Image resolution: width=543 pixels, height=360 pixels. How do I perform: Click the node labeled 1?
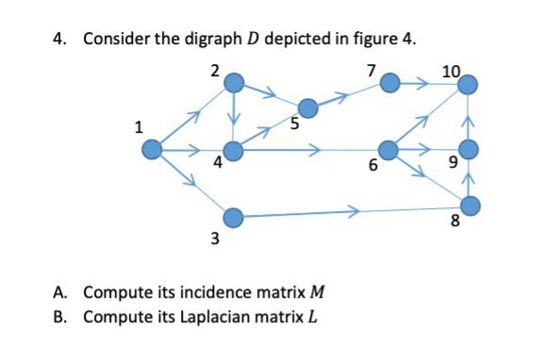coord(153,149)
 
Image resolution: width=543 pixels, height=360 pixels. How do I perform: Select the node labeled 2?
coord(235,83)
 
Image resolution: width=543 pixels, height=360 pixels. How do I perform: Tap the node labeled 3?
coord(235,219)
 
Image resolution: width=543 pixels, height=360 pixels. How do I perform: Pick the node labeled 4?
coord(235,150)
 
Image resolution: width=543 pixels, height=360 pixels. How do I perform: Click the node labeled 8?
coord(469,204)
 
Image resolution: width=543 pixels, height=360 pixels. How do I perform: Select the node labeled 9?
coord(469,149)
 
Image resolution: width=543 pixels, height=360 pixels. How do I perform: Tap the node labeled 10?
coord(469,85)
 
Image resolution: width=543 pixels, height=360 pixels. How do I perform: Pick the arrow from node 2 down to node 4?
coord(235,117)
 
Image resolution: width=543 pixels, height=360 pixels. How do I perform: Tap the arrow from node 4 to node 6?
coord(311,150)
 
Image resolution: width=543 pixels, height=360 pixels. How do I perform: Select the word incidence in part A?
coord(199,292)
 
